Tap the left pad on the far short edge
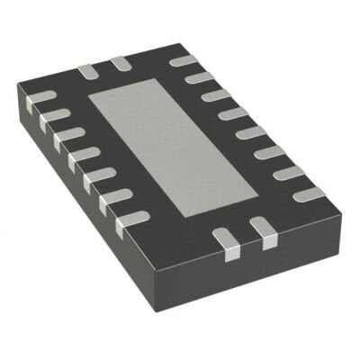coord(87,70)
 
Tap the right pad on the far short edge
coord(120,63)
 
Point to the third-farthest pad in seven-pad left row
coord(67,137)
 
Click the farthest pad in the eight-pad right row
coord(183,62)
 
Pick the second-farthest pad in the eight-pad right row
coord(199,78)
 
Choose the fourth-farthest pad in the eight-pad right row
coord(233,113)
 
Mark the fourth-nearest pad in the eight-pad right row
coord(251,132)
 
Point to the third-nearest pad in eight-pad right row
coord(269,152)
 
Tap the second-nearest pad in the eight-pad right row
coord(288,173)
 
